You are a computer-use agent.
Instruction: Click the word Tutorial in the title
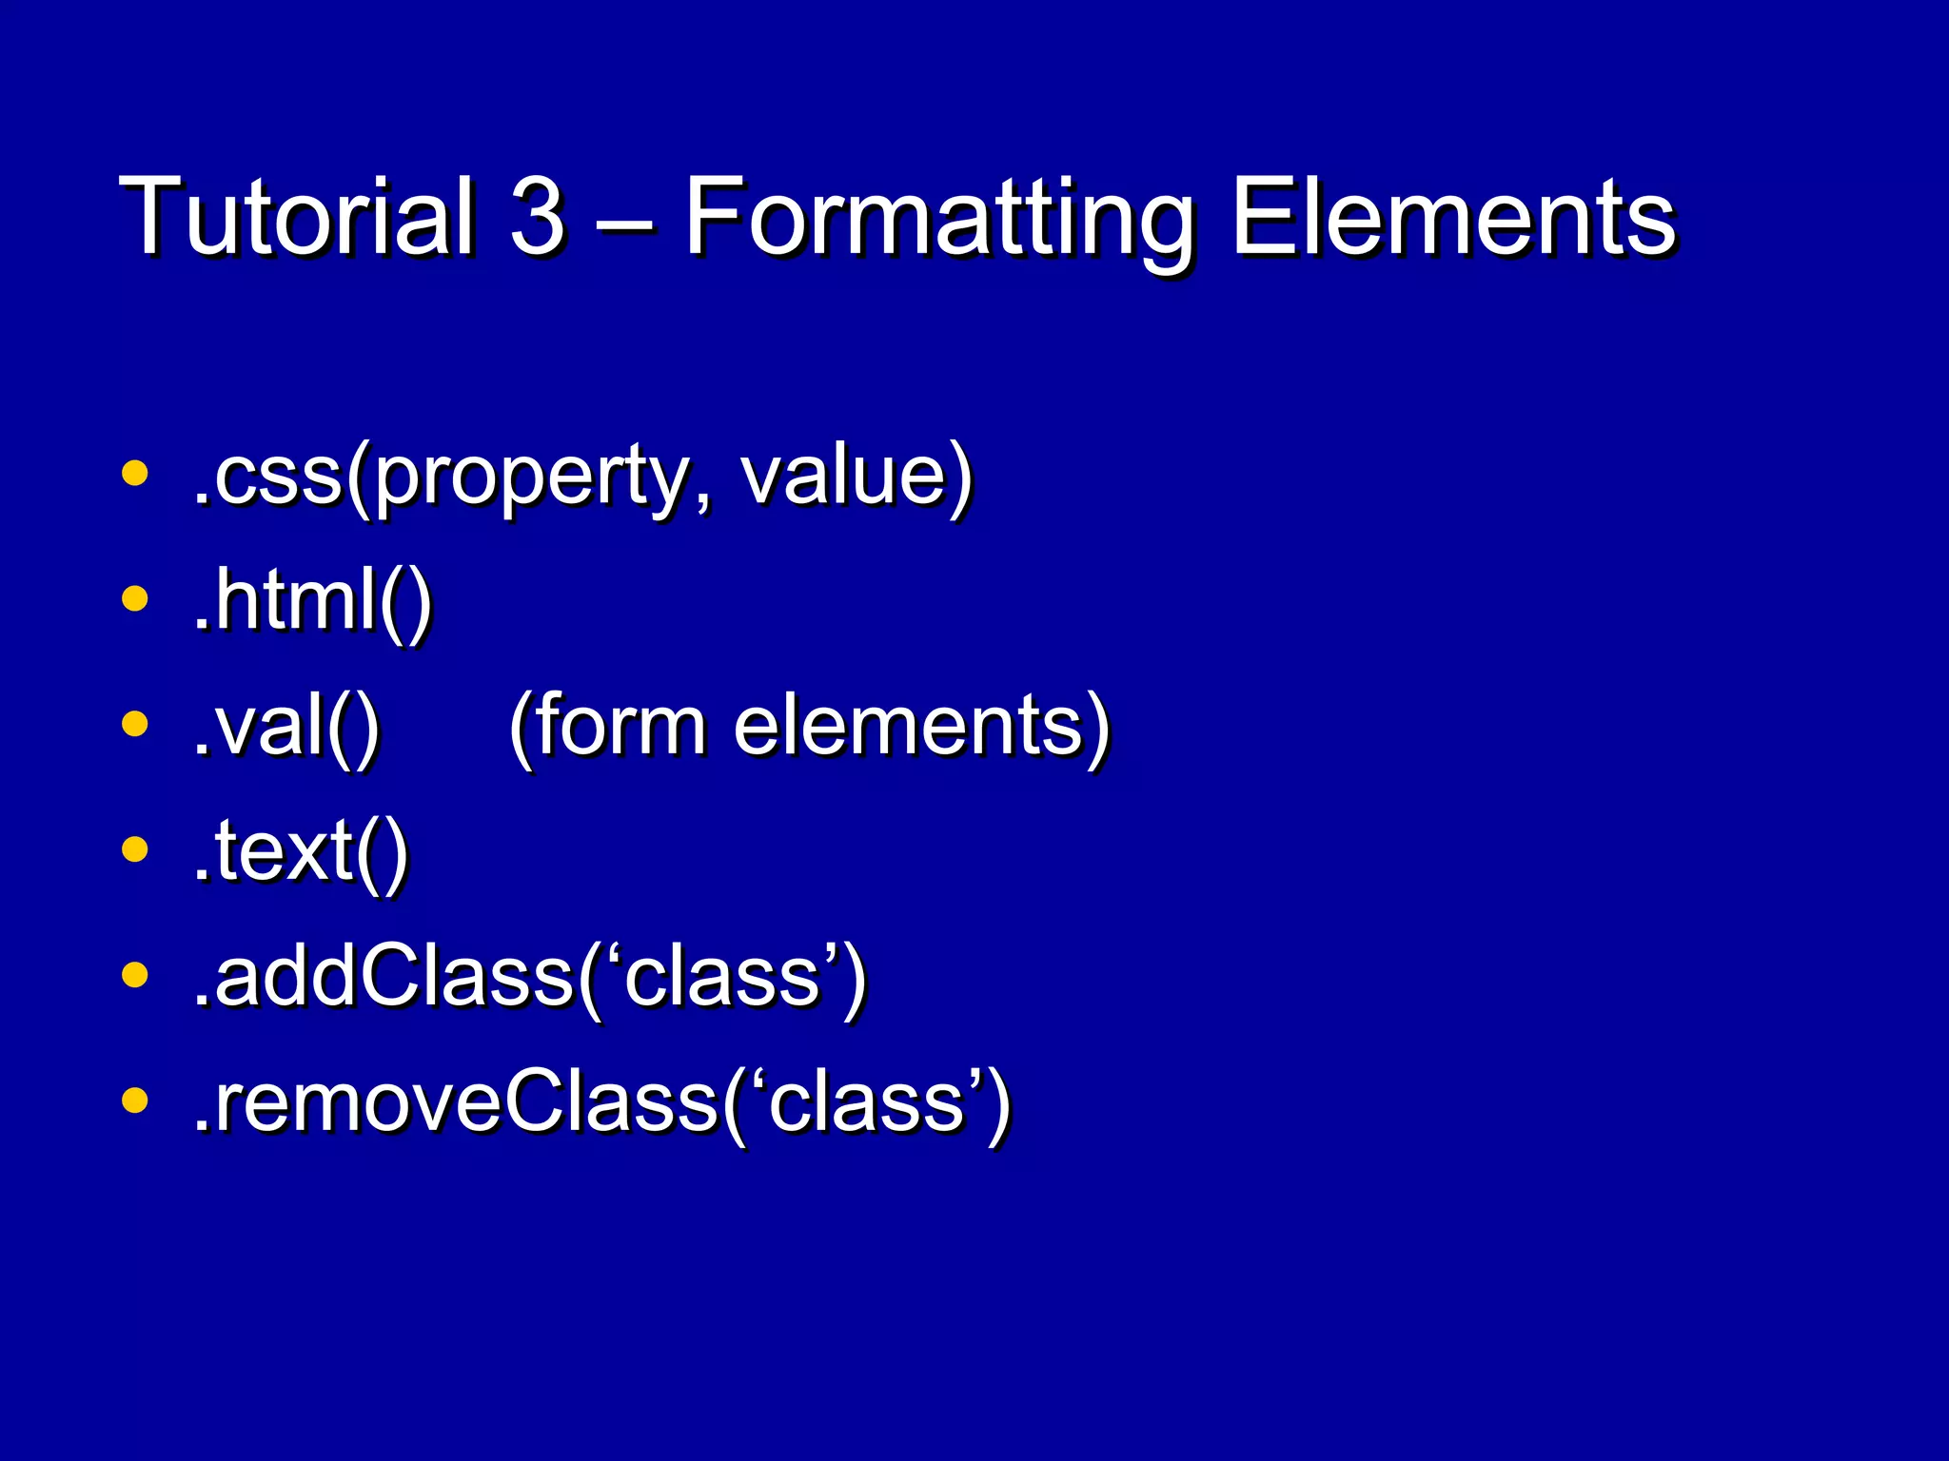pos(296,217)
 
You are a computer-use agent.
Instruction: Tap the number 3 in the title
pos(538,217)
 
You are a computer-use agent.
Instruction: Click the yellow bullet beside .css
pos(135,473)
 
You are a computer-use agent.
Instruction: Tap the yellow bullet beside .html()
pos(135,598)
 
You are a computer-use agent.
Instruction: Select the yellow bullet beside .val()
pos(135,725)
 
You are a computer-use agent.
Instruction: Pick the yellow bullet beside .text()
pos(135,849)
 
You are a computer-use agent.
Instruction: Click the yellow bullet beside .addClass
pos(135,975)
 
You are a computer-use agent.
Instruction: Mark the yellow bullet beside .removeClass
pos(135,1101)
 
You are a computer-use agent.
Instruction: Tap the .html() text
pos(312,600)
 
